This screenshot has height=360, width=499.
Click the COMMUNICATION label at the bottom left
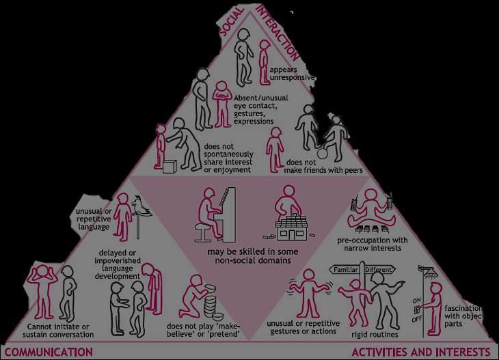point(46,352)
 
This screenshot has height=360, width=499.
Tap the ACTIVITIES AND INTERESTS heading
point(420,352)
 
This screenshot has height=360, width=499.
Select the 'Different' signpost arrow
point(379,271)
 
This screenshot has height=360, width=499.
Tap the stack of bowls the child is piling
point(210,305)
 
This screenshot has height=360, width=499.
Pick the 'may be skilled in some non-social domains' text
point(249,255)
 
